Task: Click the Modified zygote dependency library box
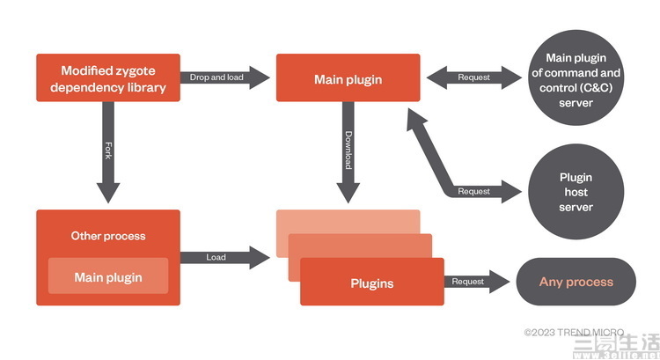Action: tap(108, 77)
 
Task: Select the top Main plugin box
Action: tap(348, 77)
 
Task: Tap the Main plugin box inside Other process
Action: tap(108, 276)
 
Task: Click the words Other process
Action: tap(108, 236)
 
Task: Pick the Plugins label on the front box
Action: tap(372, 283)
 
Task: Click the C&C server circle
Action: tap(576, 77)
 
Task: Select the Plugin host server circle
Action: tap(576, 192)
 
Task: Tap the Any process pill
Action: tap(576, 282)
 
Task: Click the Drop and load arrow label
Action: tap(216, 77)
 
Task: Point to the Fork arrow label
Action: tap(108, 151)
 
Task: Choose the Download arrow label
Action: tap(348, 151)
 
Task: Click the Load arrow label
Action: tap(216, 257)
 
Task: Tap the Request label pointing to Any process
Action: tap(467, 282)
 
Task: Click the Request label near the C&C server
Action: tap(474, 77)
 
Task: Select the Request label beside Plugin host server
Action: tap(474, 192)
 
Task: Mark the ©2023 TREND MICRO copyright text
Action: tap(574, 333)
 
